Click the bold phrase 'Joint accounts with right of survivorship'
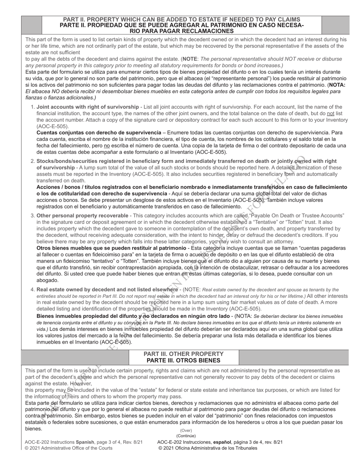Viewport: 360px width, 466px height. point(88,107)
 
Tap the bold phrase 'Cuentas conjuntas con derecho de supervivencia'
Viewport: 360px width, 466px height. point(99,133)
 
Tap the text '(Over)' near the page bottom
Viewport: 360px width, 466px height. point(186,430)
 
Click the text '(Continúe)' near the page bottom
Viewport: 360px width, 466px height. point(186,436)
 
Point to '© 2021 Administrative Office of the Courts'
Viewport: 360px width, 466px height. point(69,448)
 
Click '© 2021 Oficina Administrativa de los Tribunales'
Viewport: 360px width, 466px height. point(208,448)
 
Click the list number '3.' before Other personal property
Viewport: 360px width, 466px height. point(32,216)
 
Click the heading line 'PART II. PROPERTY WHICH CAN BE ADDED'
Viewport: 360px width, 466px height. point(181,19)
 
